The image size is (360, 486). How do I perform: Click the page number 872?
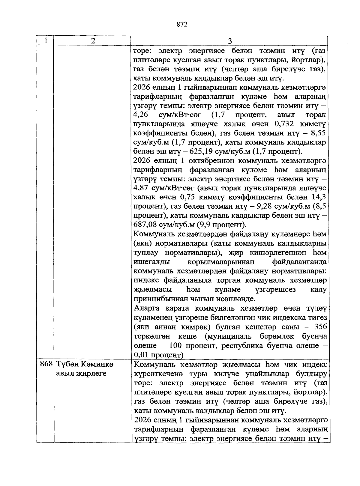[x=182, y=24]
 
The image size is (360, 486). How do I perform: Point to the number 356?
[x=319, y=326]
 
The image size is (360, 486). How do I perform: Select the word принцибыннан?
[x=161, y=299]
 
